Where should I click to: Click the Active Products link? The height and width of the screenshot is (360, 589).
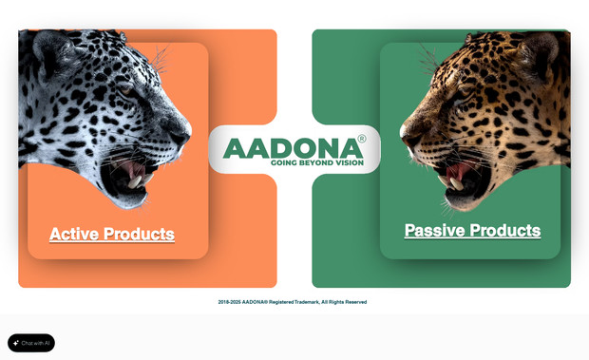coord(112,234)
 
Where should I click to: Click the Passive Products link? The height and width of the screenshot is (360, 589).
coord(472,230)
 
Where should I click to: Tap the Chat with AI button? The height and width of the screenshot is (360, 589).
coord(31,343)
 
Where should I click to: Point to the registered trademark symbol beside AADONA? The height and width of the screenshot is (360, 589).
coord(361,140)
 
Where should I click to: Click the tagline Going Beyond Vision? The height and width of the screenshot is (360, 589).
coord(317,162)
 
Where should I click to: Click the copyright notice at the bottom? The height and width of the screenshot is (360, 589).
coord(293,302)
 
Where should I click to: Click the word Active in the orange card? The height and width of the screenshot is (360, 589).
coord(74,234)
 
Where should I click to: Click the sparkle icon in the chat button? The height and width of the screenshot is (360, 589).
coord(16,343)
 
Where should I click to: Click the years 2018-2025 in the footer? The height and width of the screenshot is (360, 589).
coord(229,302)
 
